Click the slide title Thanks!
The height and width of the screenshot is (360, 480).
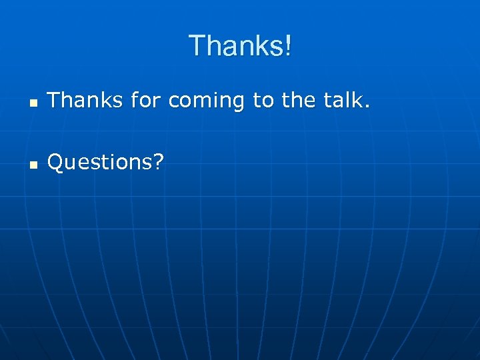point(240,46)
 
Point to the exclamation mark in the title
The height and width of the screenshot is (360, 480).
point(287,46)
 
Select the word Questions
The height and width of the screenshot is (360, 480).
point(100,161)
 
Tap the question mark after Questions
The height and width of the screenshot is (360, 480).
point(158,161)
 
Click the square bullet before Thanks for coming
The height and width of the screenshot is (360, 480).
point(33,104)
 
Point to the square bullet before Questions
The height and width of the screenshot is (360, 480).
point(33,164)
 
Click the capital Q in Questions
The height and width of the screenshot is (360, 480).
point(56,161)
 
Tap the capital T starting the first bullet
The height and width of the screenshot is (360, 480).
point(54,101)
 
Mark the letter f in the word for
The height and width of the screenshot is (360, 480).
point(135,100)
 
